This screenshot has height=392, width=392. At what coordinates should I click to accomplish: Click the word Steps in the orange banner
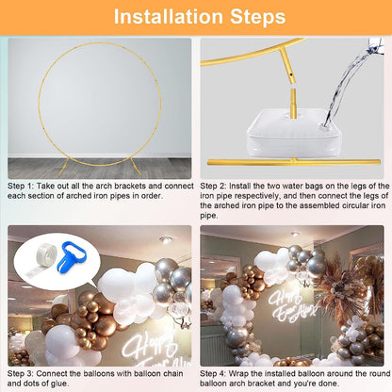[258, 17]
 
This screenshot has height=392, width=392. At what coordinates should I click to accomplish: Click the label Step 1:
[21, 186]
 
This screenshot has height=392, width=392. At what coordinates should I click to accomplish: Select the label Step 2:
[213, 186]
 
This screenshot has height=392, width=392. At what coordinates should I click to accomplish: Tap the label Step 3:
[21, 374]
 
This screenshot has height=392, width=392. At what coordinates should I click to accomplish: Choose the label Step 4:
[213, 374]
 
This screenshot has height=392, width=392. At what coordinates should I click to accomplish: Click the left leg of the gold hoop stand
[63, 166]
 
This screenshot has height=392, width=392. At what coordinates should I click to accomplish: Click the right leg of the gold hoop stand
[136, 165]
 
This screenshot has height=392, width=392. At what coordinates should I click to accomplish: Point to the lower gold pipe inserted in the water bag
[293, 104]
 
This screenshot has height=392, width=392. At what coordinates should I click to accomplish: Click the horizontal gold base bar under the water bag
[294, 162]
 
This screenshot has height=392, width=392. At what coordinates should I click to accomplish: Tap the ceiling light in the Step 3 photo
[166, 240]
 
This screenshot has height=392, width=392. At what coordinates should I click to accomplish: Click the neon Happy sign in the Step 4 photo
[286, 299]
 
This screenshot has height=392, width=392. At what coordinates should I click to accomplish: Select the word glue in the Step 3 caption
[59, 384]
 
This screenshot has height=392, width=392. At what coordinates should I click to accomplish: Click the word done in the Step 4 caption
[329, 384]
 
